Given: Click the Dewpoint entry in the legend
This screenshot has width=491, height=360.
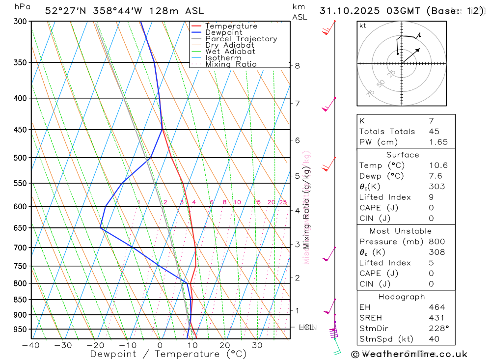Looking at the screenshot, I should (x=223, y=32).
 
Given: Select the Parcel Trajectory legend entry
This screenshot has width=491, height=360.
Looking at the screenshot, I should (x=241, y=39).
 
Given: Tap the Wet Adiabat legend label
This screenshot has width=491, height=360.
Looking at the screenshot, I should (x=230, y=52).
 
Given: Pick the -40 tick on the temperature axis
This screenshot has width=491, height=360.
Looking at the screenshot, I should (x=31, y=345).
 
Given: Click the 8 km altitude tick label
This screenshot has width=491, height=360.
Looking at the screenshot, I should (x=297, y=66).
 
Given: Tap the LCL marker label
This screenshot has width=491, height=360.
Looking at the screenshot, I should (x=306, y=327).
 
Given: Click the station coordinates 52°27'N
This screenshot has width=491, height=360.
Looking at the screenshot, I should (x=63, y=11).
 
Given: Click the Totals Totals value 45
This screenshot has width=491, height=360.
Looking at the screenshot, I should (x=434, y=131).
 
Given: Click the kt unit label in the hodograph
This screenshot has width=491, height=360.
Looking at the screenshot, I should (x=363, y=26).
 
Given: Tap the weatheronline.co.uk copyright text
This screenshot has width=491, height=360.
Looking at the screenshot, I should (x=409, y=354).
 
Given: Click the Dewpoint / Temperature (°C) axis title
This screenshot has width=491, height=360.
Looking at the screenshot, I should (x=168, y=354).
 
